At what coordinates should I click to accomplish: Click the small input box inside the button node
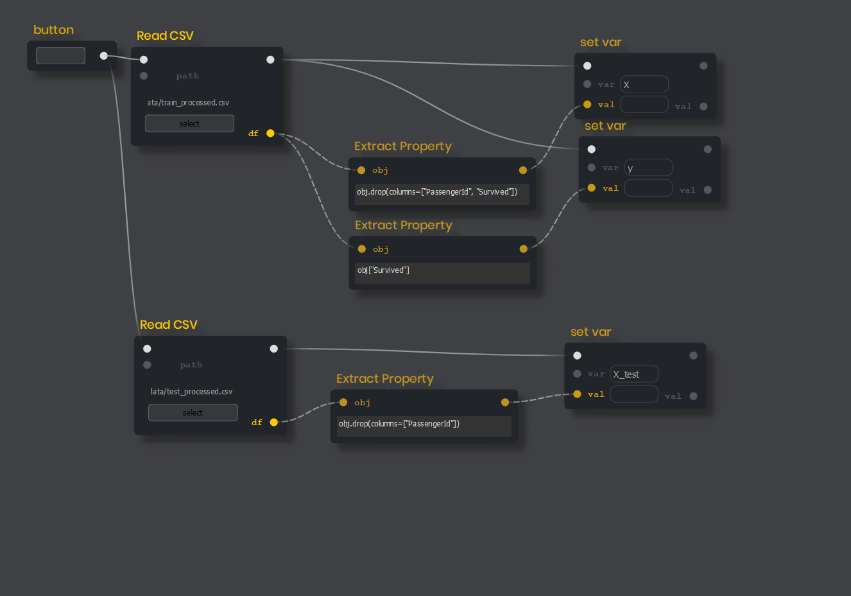pyautogui.click(x=60, y=56)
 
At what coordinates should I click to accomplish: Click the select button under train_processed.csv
pyautogui.click(x=189, y=123)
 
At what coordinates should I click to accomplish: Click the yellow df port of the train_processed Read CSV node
pyautogui.click(x=270, y=134)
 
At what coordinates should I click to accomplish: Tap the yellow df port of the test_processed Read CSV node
pyautogui.click(x=274, y=423)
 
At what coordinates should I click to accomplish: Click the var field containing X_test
pyautogui.click(x=633, y=374)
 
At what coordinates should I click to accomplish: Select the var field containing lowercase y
pyautogui.click(x=648, y=168)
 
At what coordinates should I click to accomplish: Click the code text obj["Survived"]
pyautogui.click(x=383, y=270)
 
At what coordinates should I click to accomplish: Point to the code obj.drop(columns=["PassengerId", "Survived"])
pyautogui.click(x=436, y=192)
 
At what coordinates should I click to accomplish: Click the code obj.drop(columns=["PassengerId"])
pyautogui.click(x=399, y=424)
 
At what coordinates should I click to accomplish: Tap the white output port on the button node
pyautogui.click(x=104, y=56)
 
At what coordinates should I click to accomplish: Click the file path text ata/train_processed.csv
pyautogui.click(x=188, y=103)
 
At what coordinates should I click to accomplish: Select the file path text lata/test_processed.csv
pyautogui.click(x=191, y=392)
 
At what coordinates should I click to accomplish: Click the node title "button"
pyautogui.click(x=53, y=30)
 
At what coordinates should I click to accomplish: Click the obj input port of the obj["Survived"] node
pyautogui.click(x=362, y=249)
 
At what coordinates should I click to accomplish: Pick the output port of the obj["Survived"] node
pyautogui.click(x=524, y=249)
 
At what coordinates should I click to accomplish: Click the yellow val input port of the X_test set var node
pyautogui.click(x=577, y=394)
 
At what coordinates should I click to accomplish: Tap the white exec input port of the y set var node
pyautogui.click(x=592, y=150)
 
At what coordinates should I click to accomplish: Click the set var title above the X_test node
pyautogui.click(x=590, y=332)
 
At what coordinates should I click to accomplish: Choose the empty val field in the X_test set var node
pyautogui.click(x=633, y=394)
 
